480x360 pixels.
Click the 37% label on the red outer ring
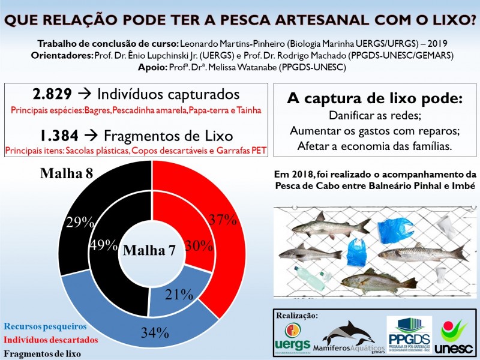pyautogui.click(x=221, y=219)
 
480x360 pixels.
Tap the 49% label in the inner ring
pyautogui.click(x=103, y=244)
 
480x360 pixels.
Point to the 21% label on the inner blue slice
pyautogui.click(x=179, y=294)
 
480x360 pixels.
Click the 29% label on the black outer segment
pyautogui.click(x=80, y=222)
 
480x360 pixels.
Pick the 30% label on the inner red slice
pyautogui.click(x=199, y=245)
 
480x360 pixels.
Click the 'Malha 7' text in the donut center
pyautogui.click(x=149, y=251)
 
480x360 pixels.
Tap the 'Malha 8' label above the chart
pyautogui.click(x=67, y=173)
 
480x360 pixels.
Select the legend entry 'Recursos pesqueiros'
pyautogui.click(x=46, y=327)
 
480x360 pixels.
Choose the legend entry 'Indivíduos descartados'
pyautogui.click(x=51, y=340)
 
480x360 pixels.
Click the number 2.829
pyautogui.click(x=52, y=94)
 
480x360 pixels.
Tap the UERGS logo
pyautogui.click(x=292, y=337)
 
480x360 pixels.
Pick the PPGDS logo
pyautogui.click(x=409, y=335)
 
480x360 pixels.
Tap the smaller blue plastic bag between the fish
pyautogui.click(x=356, y=253)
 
